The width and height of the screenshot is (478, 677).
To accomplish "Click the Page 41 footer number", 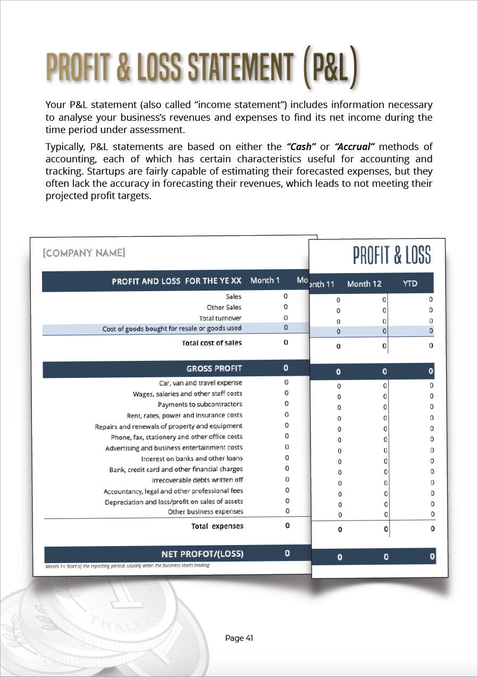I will click(239, 638).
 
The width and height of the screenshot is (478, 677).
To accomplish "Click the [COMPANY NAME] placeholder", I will click(84, 253).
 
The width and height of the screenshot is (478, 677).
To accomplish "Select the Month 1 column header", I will click(265, 280).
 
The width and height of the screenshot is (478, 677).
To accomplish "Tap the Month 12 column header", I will click(364, 284).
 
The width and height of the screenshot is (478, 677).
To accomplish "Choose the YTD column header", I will click(410, 284).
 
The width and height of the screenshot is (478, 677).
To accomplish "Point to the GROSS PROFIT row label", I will click(214, 368).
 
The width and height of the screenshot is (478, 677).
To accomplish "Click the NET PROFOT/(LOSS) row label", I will click(202, 554).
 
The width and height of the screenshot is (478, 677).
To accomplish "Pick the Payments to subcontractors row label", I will click(200, 404).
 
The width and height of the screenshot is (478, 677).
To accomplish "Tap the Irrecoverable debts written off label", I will click(197, 480).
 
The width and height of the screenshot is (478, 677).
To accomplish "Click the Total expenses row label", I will click(217, 526).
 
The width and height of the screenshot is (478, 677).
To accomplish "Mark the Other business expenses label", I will click(206, 512).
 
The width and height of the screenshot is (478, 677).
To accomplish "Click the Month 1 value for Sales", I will click(286, 296).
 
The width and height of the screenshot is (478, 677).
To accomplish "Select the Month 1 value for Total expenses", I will click(288, 526).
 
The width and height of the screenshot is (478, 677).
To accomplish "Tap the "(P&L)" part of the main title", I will click(330, 69).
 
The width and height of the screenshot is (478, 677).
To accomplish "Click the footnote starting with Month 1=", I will click(128, 566).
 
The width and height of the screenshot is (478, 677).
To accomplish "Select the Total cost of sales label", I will click(212, 343).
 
